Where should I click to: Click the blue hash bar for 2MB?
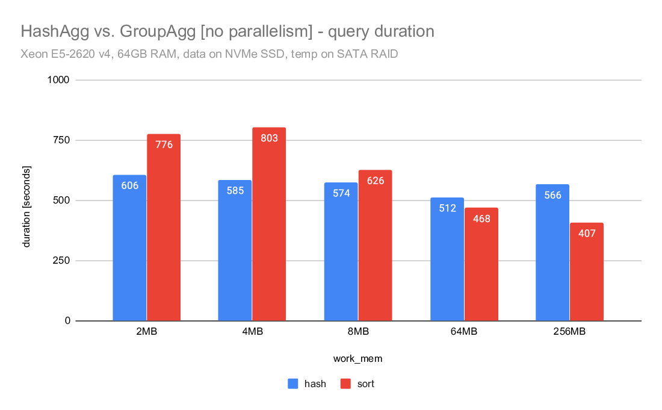(129, 253)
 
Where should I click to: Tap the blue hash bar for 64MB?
(447, 265)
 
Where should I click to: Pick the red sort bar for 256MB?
(587, 277)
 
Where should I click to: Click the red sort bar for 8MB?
(375, 253)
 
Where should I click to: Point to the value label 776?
(164, 144)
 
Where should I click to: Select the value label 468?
(481, 219)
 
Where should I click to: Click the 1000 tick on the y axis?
(60, 80)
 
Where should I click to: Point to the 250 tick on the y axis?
(62, 261)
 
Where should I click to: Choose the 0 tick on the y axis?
(67, 321)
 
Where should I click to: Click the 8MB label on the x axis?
(358, 332)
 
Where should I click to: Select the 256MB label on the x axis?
(569, 332)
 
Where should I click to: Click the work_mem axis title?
(358, 359)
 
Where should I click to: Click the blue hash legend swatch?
(293, 384)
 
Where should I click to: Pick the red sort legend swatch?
(345, 384)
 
